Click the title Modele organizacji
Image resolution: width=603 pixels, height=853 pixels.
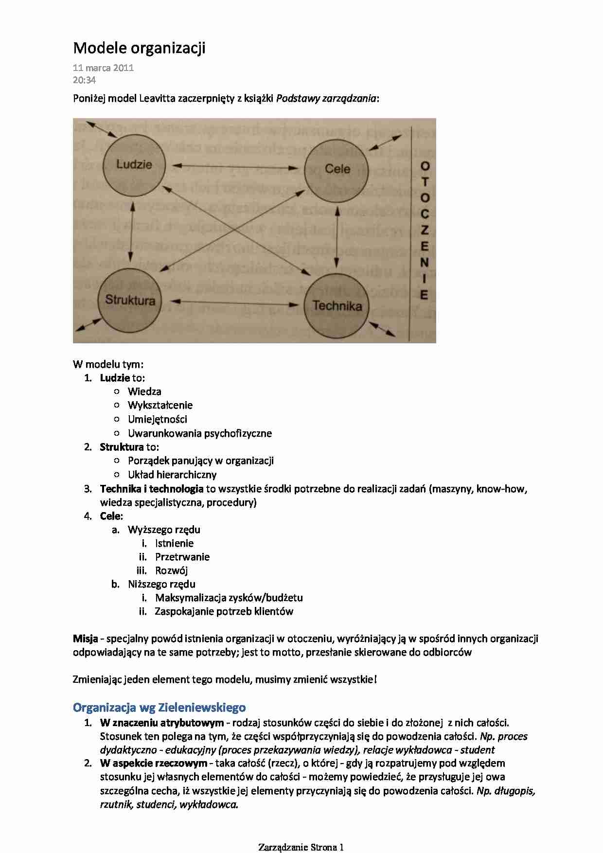[x=139, y=48]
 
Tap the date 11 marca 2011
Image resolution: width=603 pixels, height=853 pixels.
[x=103, y=68]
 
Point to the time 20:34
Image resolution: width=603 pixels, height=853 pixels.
[x=84, y=80]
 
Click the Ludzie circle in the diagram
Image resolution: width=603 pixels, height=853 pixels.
[x=134, y=165]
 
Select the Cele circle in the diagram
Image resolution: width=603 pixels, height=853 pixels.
[x=337, y=170]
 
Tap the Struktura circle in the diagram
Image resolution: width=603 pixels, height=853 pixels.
[x=130, y=300]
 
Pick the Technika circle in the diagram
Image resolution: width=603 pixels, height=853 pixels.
[x=337, y=306]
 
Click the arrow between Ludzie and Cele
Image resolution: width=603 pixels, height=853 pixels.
[x=235, y=167]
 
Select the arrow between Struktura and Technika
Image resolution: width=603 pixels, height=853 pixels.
[x=235, y=303]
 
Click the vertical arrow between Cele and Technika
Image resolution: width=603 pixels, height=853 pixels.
[x=337, y=238]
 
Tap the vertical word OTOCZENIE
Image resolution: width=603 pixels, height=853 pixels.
[x=425, y=231]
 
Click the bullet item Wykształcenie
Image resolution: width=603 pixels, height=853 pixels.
[x=160, y=405]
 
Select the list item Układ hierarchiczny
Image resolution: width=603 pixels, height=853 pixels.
[x=172, y=475]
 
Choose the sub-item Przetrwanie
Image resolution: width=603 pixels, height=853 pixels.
[x=182, y=557]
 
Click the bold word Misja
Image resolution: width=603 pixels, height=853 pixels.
[x=86, y=639]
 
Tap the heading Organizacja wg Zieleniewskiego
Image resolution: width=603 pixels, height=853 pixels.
[x=159, y=707]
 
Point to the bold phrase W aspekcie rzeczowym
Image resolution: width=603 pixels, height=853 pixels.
[x=154, y=763]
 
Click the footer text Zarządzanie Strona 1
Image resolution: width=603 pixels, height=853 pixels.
[x=301, y=847]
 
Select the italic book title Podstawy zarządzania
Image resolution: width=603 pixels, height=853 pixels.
[x=326, y=98]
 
